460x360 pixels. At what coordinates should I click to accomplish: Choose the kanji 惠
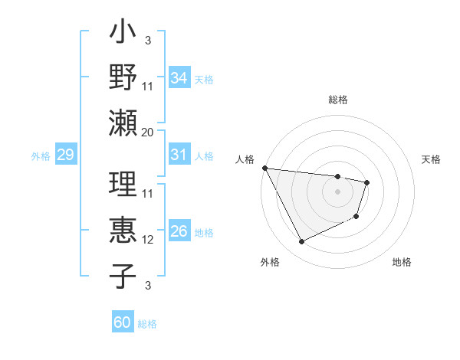tap(123, 231)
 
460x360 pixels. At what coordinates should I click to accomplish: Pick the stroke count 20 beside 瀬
tap(148, 132)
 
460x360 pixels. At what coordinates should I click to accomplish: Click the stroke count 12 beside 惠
tap(148, 240)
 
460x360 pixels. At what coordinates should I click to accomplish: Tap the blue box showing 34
tap(179, 78)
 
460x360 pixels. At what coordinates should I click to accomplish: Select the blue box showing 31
tap(179, 155)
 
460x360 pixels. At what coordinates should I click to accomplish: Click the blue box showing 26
tap(179, 231)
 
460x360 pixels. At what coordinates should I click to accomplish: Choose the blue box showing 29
tap(65, 155)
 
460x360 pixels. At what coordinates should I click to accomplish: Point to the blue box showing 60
tap(122, 322)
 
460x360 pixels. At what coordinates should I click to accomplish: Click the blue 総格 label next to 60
tap(147, 324)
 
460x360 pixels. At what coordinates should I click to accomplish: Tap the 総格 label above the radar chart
tap(337, 100)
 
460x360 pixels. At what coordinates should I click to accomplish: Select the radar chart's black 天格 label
tap(431, 159)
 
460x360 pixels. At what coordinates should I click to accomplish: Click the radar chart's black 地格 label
tap(402, 263)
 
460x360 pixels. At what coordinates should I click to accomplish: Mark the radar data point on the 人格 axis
tap(264, 168)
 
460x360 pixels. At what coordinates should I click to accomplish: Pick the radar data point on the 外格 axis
tap(301, 242)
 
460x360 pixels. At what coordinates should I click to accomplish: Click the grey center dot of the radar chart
tap(337, 191)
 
